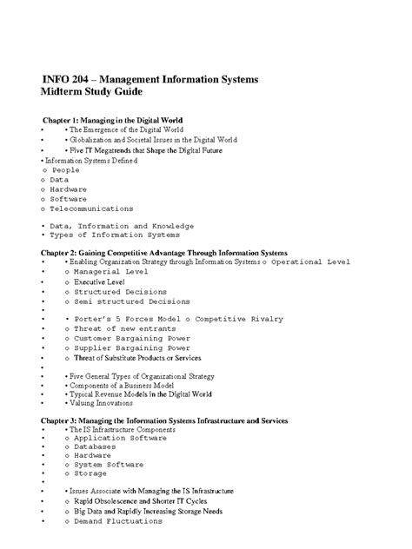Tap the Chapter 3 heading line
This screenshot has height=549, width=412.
point(164,420)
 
